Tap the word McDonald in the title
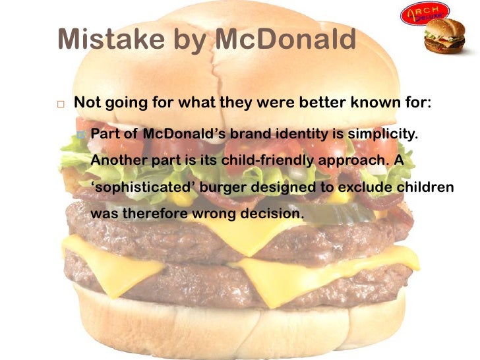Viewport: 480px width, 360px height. click(x=284, y=40)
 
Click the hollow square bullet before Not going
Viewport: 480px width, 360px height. click(x=60, y=105)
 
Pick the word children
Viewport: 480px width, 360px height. click(x=425, y=187)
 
